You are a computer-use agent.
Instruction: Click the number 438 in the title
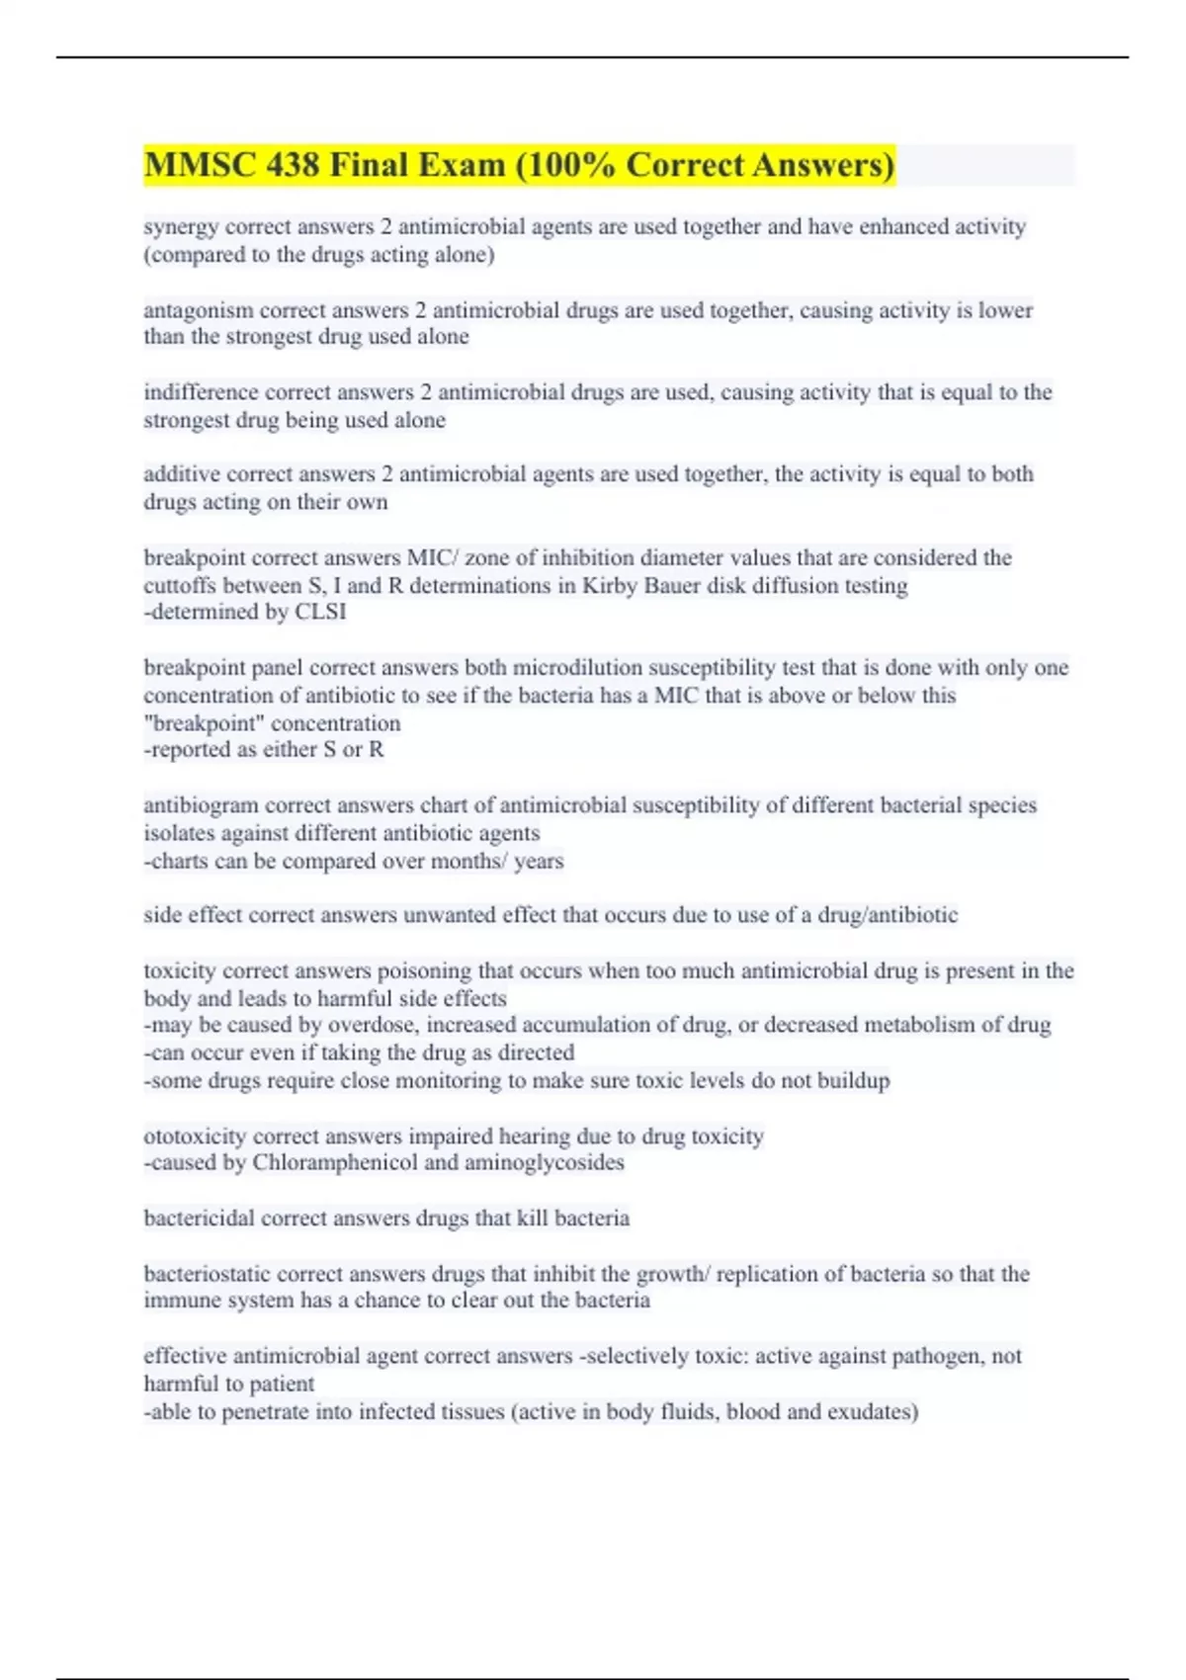coord(292,164)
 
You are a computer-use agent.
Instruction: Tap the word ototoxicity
coord(195,1136)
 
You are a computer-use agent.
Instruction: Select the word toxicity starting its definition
coord(179,970)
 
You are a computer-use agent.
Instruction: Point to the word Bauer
coord(673,585)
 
